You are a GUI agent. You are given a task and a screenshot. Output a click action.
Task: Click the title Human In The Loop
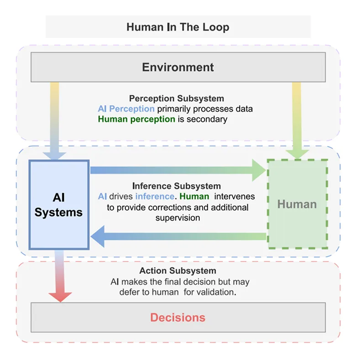coord(177,27)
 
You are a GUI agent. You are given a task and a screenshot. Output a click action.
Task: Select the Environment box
coord(177,67)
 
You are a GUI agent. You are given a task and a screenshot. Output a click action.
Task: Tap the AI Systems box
coord(58,204)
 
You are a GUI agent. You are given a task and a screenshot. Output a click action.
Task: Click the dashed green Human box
coord(297,204)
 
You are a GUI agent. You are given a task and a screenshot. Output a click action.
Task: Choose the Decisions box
coord(177,318)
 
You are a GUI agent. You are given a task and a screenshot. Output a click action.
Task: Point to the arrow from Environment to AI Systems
coord(55,119)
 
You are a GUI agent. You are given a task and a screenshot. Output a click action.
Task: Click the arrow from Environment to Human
coord(297,119)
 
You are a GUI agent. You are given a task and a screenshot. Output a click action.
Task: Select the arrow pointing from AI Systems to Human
coord(178,170)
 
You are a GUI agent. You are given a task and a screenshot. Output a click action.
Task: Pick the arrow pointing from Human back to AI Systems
coord(178,236)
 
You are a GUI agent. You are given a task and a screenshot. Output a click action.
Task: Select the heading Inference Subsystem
coord(176,186)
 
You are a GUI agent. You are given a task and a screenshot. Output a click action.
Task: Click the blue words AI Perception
coord(126,109)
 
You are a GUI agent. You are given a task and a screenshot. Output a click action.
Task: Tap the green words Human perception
coord(136,119)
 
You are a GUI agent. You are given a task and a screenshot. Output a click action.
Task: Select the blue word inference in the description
coord(155,197)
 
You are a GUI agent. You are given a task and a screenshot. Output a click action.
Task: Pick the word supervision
coord(177,218)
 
